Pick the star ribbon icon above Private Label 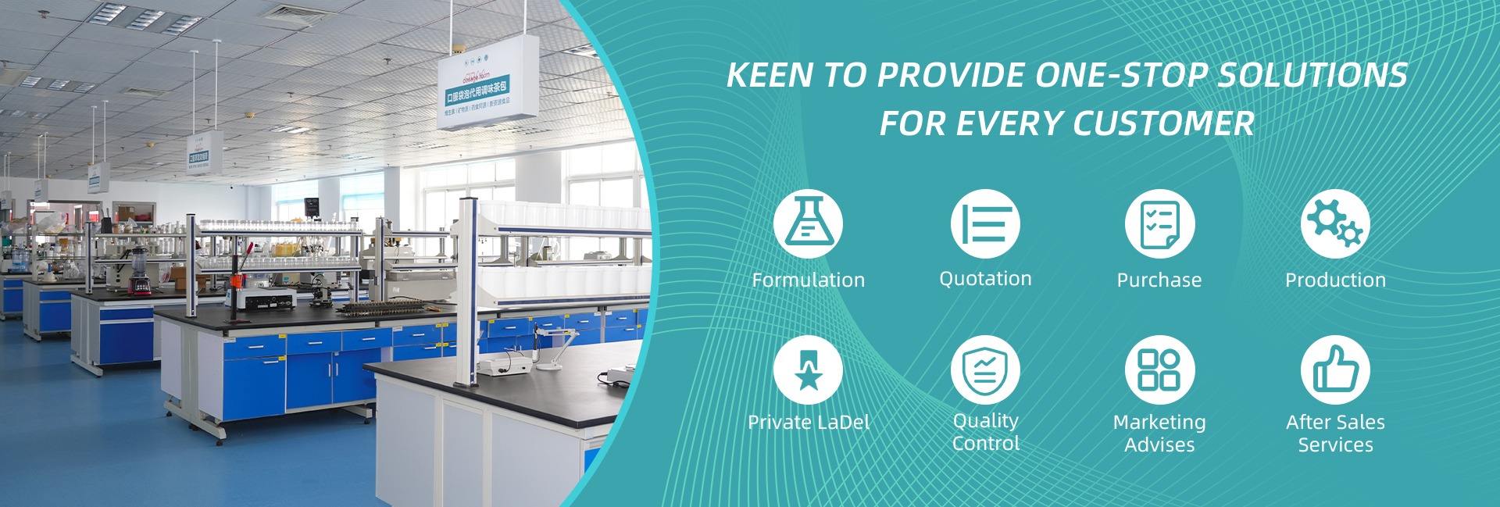coord(808,371)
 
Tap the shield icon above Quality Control coord(985,371)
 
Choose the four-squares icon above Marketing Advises coord(1159,371)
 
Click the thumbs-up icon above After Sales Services coord(1335,371)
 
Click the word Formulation coord(808,280)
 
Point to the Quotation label coord(985,279)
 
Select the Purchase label coord(1159,280)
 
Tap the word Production coord(1335,280)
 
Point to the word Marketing coord(1159,423)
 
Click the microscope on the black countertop coord(320,288)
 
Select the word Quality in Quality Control coord(985,421)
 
